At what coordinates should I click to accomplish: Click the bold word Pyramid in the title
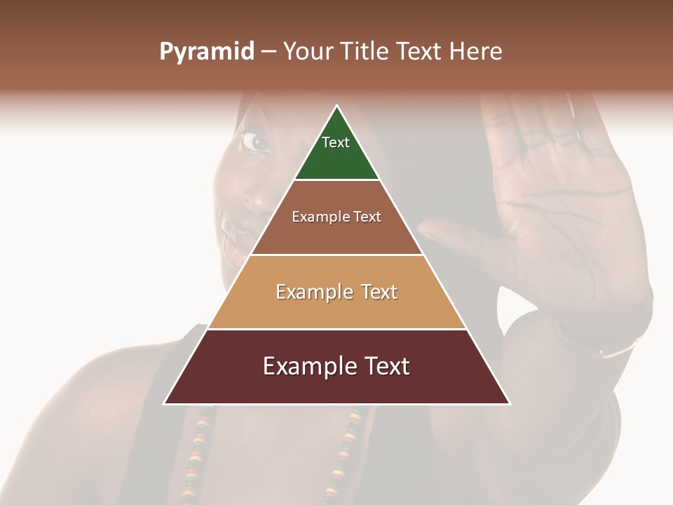(x=206, y=52)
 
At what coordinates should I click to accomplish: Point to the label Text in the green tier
(x=335, y=142)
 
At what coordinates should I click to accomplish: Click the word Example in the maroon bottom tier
(x=302, y=366)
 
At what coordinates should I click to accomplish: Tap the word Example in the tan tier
(x=306, y=292)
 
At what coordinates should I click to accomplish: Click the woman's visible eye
(x=255, y=142)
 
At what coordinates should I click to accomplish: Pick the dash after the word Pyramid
(x=268, y=52)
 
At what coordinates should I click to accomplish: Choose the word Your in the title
(x=308, y=51)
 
